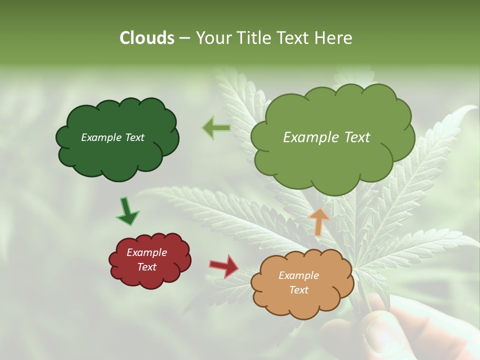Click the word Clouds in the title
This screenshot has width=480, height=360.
pos(147,38)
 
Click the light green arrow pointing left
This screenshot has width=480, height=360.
pos(216,128)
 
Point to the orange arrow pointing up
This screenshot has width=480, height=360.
pos(318,221)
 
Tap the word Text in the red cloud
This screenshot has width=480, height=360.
pos(146,267)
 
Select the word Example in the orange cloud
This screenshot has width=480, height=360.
pos(298,275)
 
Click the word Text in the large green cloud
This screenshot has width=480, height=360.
pos(356,137)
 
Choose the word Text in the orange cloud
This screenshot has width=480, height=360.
pos(298,290)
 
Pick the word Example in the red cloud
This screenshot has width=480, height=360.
pos(146,252)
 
